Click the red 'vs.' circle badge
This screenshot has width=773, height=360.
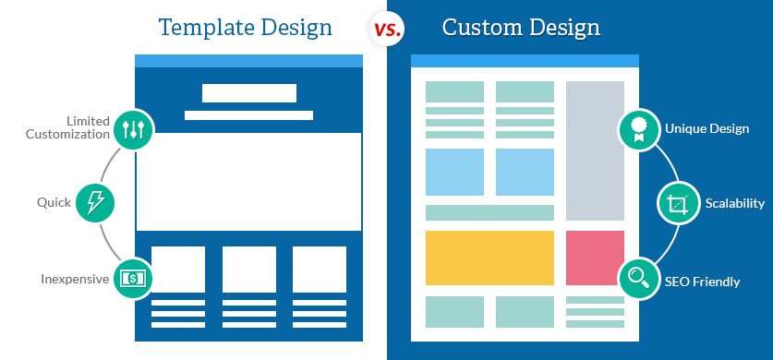386,29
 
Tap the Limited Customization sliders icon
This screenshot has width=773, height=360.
133,128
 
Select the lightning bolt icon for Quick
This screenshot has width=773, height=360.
94,202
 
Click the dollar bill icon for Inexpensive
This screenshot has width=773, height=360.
133,278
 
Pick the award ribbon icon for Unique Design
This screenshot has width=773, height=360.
638,129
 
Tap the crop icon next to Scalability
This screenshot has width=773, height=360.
677,203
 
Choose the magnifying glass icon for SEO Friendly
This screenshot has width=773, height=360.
638,277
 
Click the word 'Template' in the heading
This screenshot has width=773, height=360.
203,28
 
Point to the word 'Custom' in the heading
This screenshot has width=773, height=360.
478,28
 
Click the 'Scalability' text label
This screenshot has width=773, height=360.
734,203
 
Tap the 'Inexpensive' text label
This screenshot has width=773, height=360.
73,278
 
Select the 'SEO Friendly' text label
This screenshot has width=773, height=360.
703,282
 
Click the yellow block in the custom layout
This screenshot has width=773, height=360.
489,258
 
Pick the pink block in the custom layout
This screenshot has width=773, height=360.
595,258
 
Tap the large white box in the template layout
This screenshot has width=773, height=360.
248,181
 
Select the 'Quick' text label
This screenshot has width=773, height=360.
54,202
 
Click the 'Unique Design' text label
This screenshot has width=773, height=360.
707,129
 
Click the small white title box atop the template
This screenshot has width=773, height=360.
248,92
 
